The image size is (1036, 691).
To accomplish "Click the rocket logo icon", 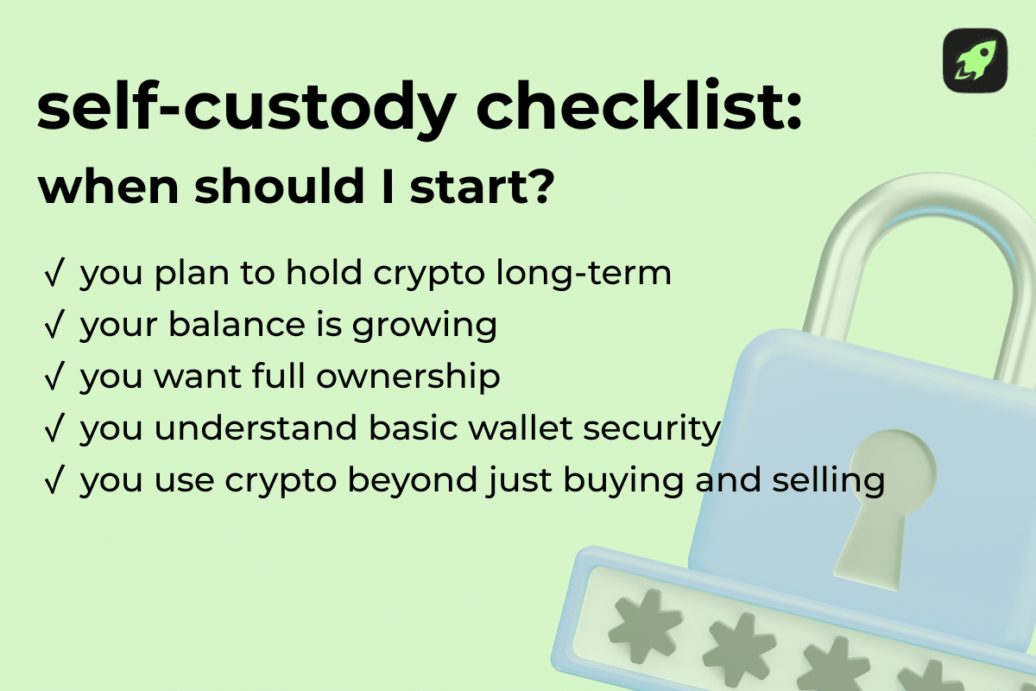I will [x=975, y=60].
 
